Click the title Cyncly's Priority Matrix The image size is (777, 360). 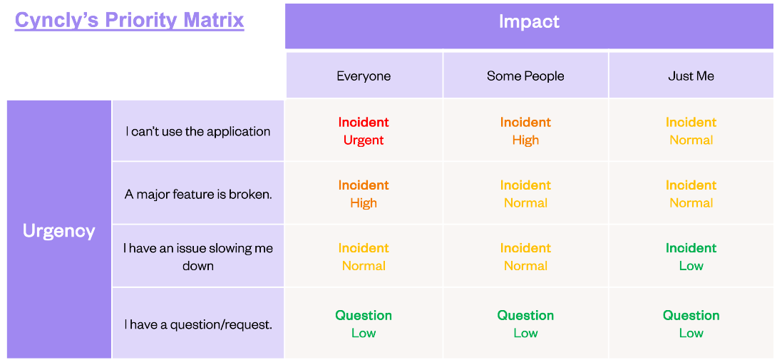(x=129, y=20)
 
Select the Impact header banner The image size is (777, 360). (x=529, y=22)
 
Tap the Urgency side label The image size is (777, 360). (x=58, y=231)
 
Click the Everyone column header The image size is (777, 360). (x=364, y=76)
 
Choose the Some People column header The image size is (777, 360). (x=525, y=76)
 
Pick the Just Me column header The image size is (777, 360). (x=691, y=76)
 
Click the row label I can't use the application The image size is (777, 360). (x=198, y=131)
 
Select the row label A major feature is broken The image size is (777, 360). (x=198, y=194)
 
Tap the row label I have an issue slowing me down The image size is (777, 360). (x=198, y=257)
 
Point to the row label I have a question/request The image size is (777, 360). (x=198, y=324)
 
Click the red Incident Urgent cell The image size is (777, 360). (x=364, y=131)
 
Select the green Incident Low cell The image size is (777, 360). (x=691, y=257)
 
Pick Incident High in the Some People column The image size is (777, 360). (x=525, y=131)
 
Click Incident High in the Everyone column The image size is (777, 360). (x=364, y=194)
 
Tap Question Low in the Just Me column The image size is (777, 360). (x=691, y=324)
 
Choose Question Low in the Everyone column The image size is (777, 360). (x=364, y=324)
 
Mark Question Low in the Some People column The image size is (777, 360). (x=525, y=324)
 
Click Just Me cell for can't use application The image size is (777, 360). (x=691, y=131)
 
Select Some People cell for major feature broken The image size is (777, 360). (x=525, y=194)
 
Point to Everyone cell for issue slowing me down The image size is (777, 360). (x=364, y=257)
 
